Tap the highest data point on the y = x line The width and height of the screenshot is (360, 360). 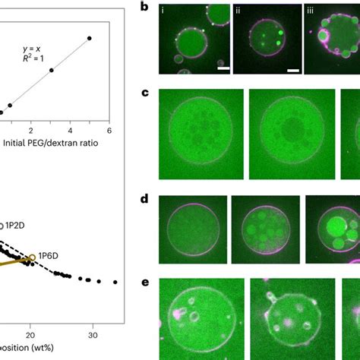90,38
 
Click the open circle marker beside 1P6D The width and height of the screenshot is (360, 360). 33,257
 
